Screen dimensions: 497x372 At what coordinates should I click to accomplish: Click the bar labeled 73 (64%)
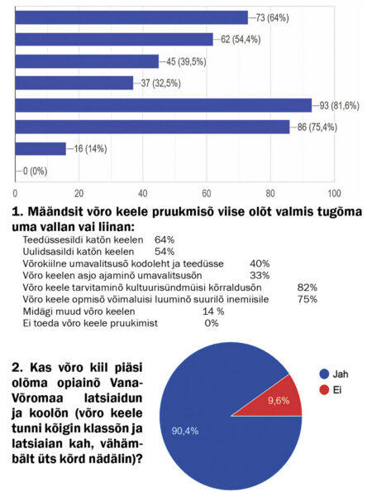[x=131, y=17]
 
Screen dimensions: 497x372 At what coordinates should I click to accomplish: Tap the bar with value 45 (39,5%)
[x=86, y=61]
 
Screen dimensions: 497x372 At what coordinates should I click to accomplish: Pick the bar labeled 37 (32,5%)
[x=74, y=83]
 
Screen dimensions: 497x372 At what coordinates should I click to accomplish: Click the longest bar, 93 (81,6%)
[x=163, y=105]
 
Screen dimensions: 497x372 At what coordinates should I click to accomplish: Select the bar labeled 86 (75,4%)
[x=151, y=127]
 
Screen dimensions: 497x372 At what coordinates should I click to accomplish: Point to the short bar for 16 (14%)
[x=41, y=149]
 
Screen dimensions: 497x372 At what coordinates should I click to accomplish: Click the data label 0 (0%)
[x=34, y=171]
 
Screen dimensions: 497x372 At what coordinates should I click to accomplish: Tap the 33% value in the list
[x=261, y=275]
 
